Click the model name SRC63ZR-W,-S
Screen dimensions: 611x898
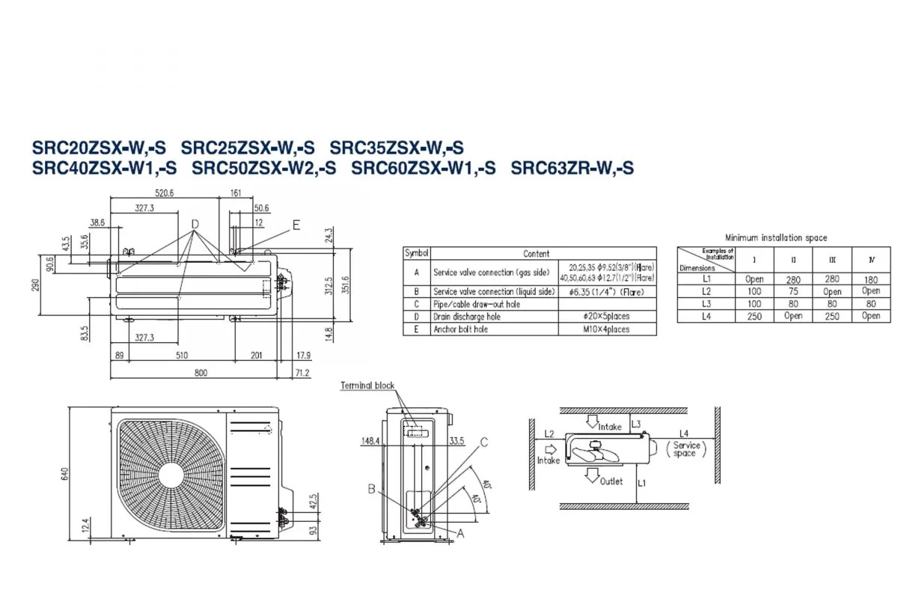pos(572,168)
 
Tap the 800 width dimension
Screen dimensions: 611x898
pos(201,373)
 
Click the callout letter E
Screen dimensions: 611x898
pos(296,224)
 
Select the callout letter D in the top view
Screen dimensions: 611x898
pos(195,224)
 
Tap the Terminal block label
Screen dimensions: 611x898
pos(367,386)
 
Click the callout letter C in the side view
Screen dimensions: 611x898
pos(483,443)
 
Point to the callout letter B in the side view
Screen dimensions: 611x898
pos(371,490)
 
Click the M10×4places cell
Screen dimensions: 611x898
pos(607,329)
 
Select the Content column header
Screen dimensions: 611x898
pos(536,254)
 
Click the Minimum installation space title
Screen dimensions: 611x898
pos(776,238)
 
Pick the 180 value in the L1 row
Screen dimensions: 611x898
pos(871,279)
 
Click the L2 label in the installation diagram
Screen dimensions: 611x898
pos(549,434)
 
